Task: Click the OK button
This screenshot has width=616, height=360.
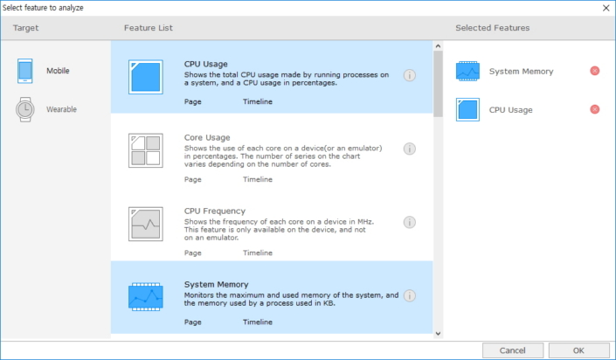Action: [x=578, y=350]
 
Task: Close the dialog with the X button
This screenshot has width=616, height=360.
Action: [x=606, y=8]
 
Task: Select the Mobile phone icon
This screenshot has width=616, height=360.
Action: [x=24, y=71]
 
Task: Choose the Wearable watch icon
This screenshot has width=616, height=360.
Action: [x=25, y=109]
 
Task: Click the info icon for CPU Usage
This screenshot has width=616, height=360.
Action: [x=410, y=75]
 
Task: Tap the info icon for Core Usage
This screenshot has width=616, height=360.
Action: [x=410, y=149]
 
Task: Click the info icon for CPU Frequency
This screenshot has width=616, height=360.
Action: [x=410, y=222]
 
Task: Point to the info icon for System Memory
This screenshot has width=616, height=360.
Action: [x=410, y=295]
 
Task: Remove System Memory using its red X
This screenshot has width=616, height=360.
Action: [x=595, y=71]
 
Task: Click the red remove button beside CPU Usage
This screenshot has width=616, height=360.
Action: [x=595, y=109]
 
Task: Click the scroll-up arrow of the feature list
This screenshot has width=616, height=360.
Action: [x=438, y=46]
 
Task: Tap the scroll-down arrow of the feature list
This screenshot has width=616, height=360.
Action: [x=438, y=334]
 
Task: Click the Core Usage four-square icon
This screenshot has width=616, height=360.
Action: [x=146, y=150]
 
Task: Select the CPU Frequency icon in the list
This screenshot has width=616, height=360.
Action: [x=146, y=224]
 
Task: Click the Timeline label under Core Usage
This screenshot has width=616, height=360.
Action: [x=257, y=179]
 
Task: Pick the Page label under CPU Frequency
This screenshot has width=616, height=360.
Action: [x=192, y=253]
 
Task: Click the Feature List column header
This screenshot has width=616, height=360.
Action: [x=149, y=28]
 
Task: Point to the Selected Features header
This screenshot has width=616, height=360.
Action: [x=492, y=28]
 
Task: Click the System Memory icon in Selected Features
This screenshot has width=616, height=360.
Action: [x=467, y=71]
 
